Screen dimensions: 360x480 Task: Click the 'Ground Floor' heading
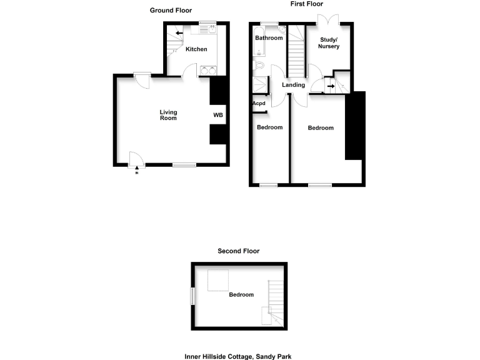[171, 11]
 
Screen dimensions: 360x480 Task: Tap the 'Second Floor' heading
[238, 251]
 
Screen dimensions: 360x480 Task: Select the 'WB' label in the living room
[218, 115]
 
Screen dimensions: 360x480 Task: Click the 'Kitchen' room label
[196, 49]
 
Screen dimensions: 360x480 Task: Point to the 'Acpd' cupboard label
[258, 104]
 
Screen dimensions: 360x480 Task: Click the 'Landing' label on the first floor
[293, 85]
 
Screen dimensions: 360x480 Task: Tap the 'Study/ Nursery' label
[329, 43]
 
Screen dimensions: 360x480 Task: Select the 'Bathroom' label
[269, 38]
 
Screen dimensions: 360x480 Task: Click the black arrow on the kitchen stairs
[179, 34]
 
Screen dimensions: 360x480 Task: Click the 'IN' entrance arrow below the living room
[136, 169]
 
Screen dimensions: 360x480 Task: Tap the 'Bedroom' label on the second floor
[241, 294]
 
